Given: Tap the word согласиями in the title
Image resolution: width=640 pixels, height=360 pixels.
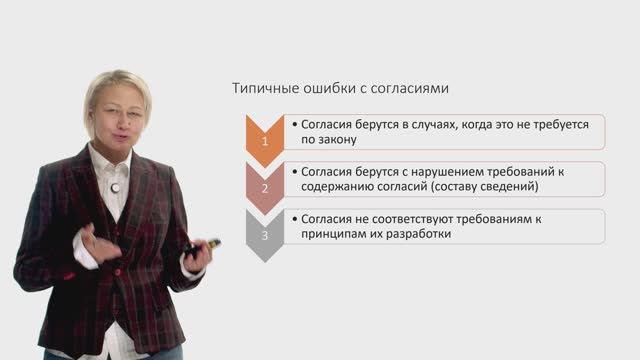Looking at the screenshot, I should pos(415,88).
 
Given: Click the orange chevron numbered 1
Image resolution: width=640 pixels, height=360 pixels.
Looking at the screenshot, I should pos(265,141).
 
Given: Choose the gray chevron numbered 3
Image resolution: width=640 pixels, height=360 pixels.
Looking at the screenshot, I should pos(265,235).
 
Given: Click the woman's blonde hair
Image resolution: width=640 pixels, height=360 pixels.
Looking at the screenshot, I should pos(120,85).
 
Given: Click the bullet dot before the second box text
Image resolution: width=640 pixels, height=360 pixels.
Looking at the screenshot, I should pos(295,171).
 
